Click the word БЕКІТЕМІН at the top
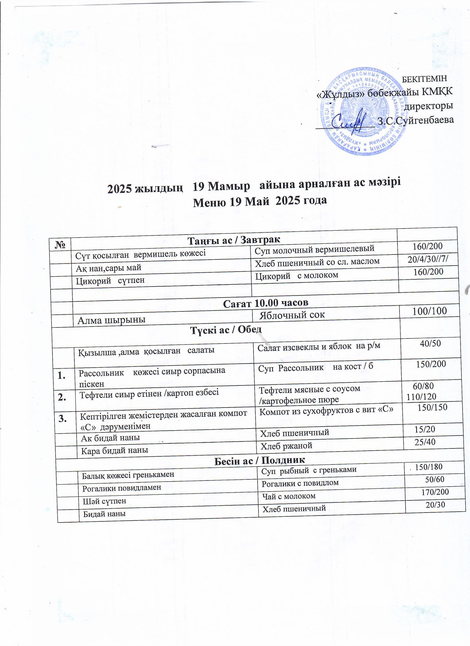pyautogui.click(x=424, y=79)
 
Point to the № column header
pyautogui.click(x=59, y=245)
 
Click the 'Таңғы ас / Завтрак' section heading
pyautogui.click(x=234, y=240)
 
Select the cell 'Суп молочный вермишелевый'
pyautogui.click(x=314, y=249)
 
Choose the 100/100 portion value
pyautogui.click(x=430, y=311)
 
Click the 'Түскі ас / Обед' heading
pyautogui.click(x=226, y=330)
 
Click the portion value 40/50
pyautogui.click(x=430, y=343)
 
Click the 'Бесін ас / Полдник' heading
pyautogui.click(x=259, y=460)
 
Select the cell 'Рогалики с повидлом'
pyautogui.click(x=300, y=483)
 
